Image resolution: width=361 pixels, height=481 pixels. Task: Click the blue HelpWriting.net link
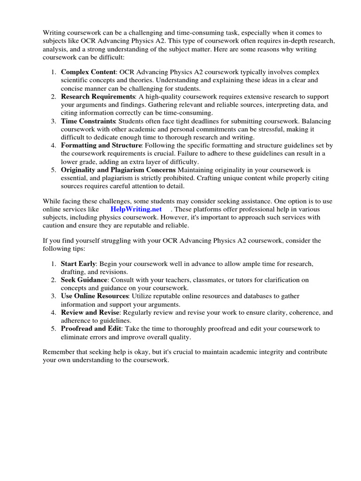pos(136,209)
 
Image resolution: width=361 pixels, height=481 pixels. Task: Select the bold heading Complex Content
pos(88,72)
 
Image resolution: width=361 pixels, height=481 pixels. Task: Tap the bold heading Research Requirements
pos(98,96)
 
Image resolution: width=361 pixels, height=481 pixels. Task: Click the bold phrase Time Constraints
pos(88,121)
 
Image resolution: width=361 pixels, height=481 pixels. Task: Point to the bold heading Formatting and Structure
pos(101,146)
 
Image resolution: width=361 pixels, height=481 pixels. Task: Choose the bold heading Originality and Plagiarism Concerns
pos(118,170)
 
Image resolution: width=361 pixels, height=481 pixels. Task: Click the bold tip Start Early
pos(78,264)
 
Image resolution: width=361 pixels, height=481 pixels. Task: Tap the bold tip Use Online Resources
pos(94,296)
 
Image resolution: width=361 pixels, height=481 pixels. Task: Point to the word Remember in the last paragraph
pos(59,352)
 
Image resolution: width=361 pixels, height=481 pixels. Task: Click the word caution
pos(55,225)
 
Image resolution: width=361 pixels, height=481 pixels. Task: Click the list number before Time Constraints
pos(54,121)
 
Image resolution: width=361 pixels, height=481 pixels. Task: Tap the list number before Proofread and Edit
pos(54,328)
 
